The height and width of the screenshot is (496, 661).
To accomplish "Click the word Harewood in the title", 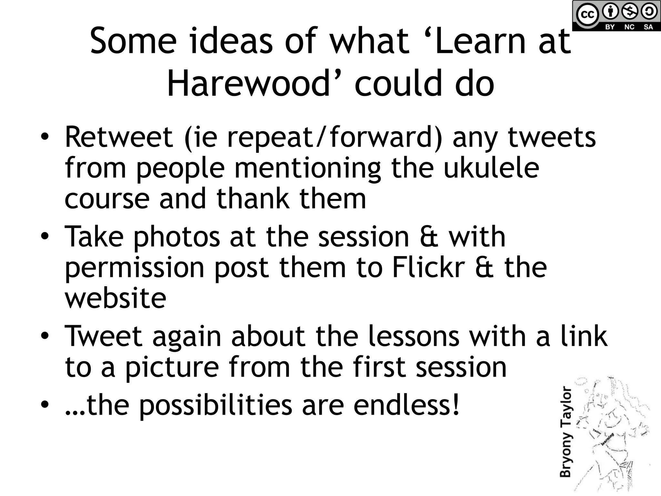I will [x=249, y=84].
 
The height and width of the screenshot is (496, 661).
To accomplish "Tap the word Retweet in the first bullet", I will [x=119, y=137].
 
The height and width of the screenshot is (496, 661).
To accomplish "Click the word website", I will [x=116, y=298].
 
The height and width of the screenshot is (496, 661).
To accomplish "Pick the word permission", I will [x=135, y=268].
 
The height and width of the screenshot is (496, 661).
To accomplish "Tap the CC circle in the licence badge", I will [x=587, y=15].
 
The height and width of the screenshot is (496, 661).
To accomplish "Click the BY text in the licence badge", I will [x=610, y=27].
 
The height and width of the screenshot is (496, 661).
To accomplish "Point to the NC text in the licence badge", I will [x=629, y=27].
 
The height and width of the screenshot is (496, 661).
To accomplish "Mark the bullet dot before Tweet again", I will [x=45, y=336].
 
